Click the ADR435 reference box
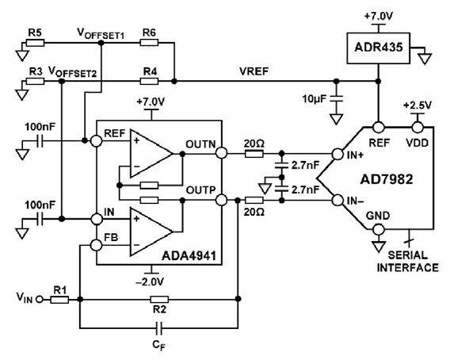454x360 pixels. (379, 48)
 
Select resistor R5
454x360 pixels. (35, 43)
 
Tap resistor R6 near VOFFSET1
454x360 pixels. (149, 43)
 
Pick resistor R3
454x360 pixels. (35, 81)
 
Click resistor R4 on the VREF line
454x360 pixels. (149, 81)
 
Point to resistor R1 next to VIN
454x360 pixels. (59, 300)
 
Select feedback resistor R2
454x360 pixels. (159, 300)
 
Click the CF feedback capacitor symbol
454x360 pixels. (158, 328)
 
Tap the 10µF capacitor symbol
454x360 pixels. (336, 98)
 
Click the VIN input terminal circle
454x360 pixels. (39, 300)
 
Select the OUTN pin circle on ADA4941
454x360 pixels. (222, 153)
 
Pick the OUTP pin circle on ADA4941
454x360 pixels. (222, 200)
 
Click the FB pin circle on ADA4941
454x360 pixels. (97, 245)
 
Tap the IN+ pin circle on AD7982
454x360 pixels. (338, 154)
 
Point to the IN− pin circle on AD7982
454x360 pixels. (338, 201)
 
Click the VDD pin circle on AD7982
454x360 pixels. (418, 127)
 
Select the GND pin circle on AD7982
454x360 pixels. (378, 230)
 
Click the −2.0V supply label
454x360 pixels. (150, 281)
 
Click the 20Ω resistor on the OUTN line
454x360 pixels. (254, 153)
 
